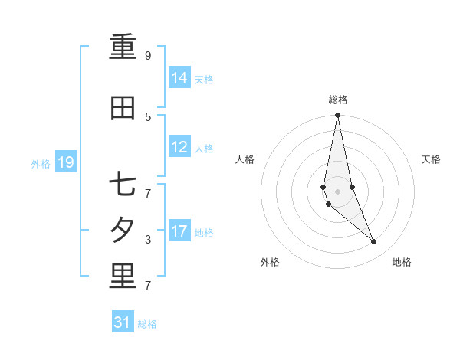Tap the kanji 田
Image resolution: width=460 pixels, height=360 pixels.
(123, 109)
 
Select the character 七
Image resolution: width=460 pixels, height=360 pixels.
(123, 185)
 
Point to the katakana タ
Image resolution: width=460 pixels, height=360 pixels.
(123, 231)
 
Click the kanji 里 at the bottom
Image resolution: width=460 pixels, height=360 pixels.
(123, 277)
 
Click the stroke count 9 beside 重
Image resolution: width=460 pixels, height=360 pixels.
(148, 56)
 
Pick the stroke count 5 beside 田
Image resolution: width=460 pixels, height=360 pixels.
(148, 116)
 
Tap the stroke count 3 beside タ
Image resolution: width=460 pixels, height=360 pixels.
(148, 240)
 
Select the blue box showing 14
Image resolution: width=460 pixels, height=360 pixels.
(179, 77)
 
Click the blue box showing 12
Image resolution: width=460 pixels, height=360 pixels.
(179, 147)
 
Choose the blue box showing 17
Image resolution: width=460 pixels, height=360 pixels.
(179, 231)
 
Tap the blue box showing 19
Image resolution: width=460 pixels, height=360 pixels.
(65, 162)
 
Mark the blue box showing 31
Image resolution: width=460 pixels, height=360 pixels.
(123, 322)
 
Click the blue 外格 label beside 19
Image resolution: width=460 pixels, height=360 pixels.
(41, 163)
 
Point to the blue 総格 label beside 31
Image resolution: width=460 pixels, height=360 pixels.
(147, 324)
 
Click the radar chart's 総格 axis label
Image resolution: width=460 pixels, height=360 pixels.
(337, 100)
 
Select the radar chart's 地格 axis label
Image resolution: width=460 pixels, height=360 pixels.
(402, 262)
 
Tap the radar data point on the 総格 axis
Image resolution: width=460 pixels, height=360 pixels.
(337, 116)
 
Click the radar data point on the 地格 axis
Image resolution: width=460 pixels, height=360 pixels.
(374, 242)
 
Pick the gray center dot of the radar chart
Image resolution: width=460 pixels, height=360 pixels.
(337, 191)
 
